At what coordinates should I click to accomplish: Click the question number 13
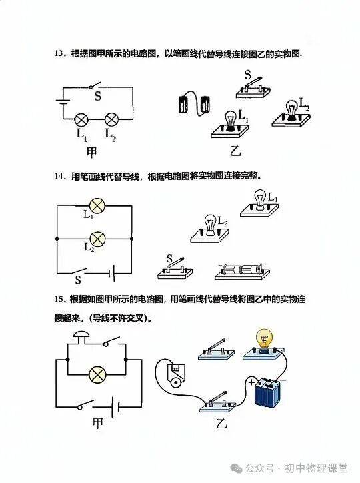tap(59, 54)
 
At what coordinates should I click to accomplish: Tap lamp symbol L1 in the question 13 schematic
tap(82, 119)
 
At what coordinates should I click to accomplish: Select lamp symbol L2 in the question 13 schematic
tap(112, 119)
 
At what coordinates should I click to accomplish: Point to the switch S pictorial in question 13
tap(253, 88)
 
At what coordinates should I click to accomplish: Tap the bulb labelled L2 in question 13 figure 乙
tap(291, 113)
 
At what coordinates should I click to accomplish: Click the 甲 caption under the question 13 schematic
tap(92, 153)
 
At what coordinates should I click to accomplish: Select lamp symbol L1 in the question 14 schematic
tap(97, 205)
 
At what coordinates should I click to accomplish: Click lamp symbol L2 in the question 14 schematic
tap(97, 239)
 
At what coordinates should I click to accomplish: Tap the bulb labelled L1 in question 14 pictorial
tap(259, 203)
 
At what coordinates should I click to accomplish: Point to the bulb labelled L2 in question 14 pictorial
tap(210, 229)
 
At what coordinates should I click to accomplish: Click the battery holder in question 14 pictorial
tap(243, 271)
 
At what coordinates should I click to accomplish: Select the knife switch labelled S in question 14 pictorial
tap(175, 269)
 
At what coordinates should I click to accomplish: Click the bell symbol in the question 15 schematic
tap(81, 338)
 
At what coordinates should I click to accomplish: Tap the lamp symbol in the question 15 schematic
tap(97, 374)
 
